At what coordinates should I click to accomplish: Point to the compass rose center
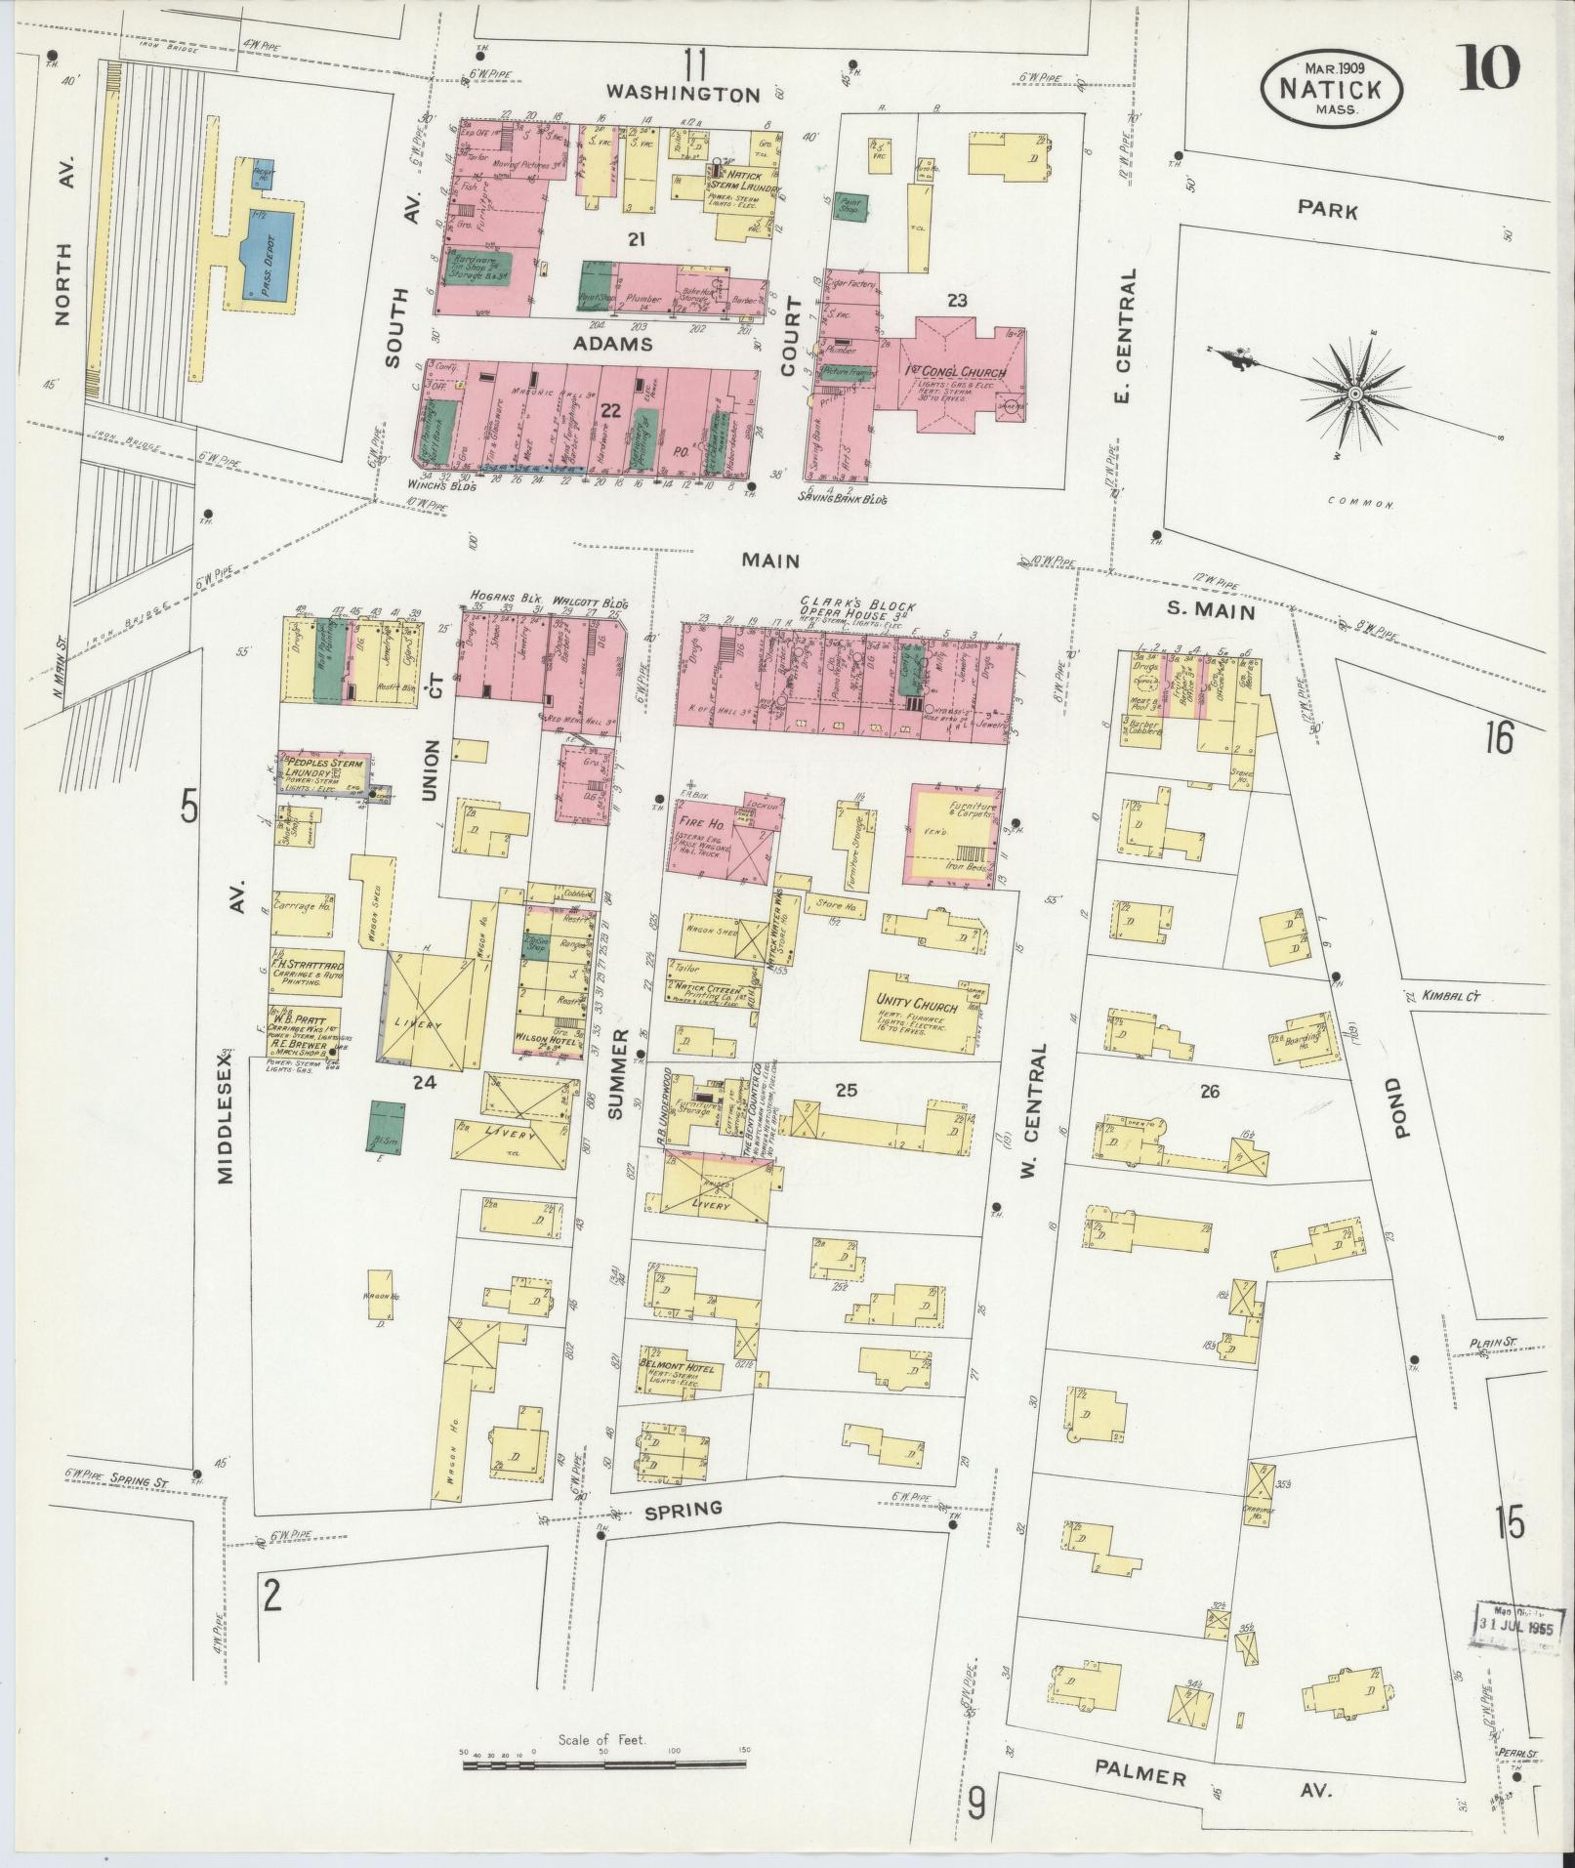coord(1354,394)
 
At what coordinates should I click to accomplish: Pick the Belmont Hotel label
coord(678,1367)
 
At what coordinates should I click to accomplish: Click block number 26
coord(1210,1091)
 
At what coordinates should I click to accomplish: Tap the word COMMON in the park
coord(1357,504)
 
